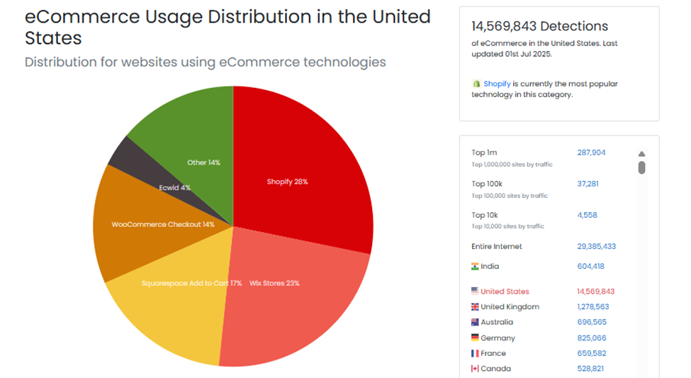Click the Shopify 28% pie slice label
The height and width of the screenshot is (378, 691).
pyautogui.click(x=287, y=182)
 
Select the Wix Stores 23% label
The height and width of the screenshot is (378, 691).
pyautogui.click(x=274, y=283)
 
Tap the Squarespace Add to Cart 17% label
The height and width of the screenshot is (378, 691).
pyautogui.click(x=191, y=283)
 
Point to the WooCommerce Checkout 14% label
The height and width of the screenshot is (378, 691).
pyautogui.click(x=163, y=224)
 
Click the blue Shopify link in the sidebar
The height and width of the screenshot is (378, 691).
pyautogui.click(x=497, y=84)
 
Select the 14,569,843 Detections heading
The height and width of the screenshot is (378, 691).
pyautogui.click(x=539, y=26)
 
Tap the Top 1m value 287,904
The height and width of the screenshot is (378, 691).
pyautogui.click(x=591, y=152)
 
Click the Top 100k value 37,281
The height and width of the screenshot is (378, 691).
pyautogui.click(x=588, y=184)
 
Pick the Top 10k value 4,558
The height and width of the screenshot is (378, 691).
pyautogui.click(x=587, y=215)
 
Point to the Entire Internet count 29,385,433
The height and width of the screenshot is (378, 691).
pyautogui.click(x=596, y=247)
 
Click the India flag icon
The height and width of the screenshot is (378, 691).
pyautogui.click(x=475, y=267)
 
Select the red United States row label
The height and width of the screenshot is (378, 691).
pyautogui.click(x=505, y=291)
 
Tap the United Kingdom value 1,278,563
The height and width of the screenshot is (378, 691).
pyautogui.click(x=592, y=307)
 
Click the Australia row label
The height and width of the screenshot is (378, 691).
pyautogui.click(x=498, y=322)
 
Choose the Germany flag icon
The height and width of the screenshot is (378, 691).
pyautogui.click(x=475, y=338)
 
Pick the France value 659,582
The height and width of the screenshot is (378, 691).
pyautogui.click(x=591, y=353)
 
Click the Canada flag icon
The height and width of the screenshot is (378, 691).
pyautogui.click(x=475, y=369)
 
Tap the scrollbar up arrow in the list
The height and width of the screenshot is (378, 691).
pyautogui.click(x=641, y=154)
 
